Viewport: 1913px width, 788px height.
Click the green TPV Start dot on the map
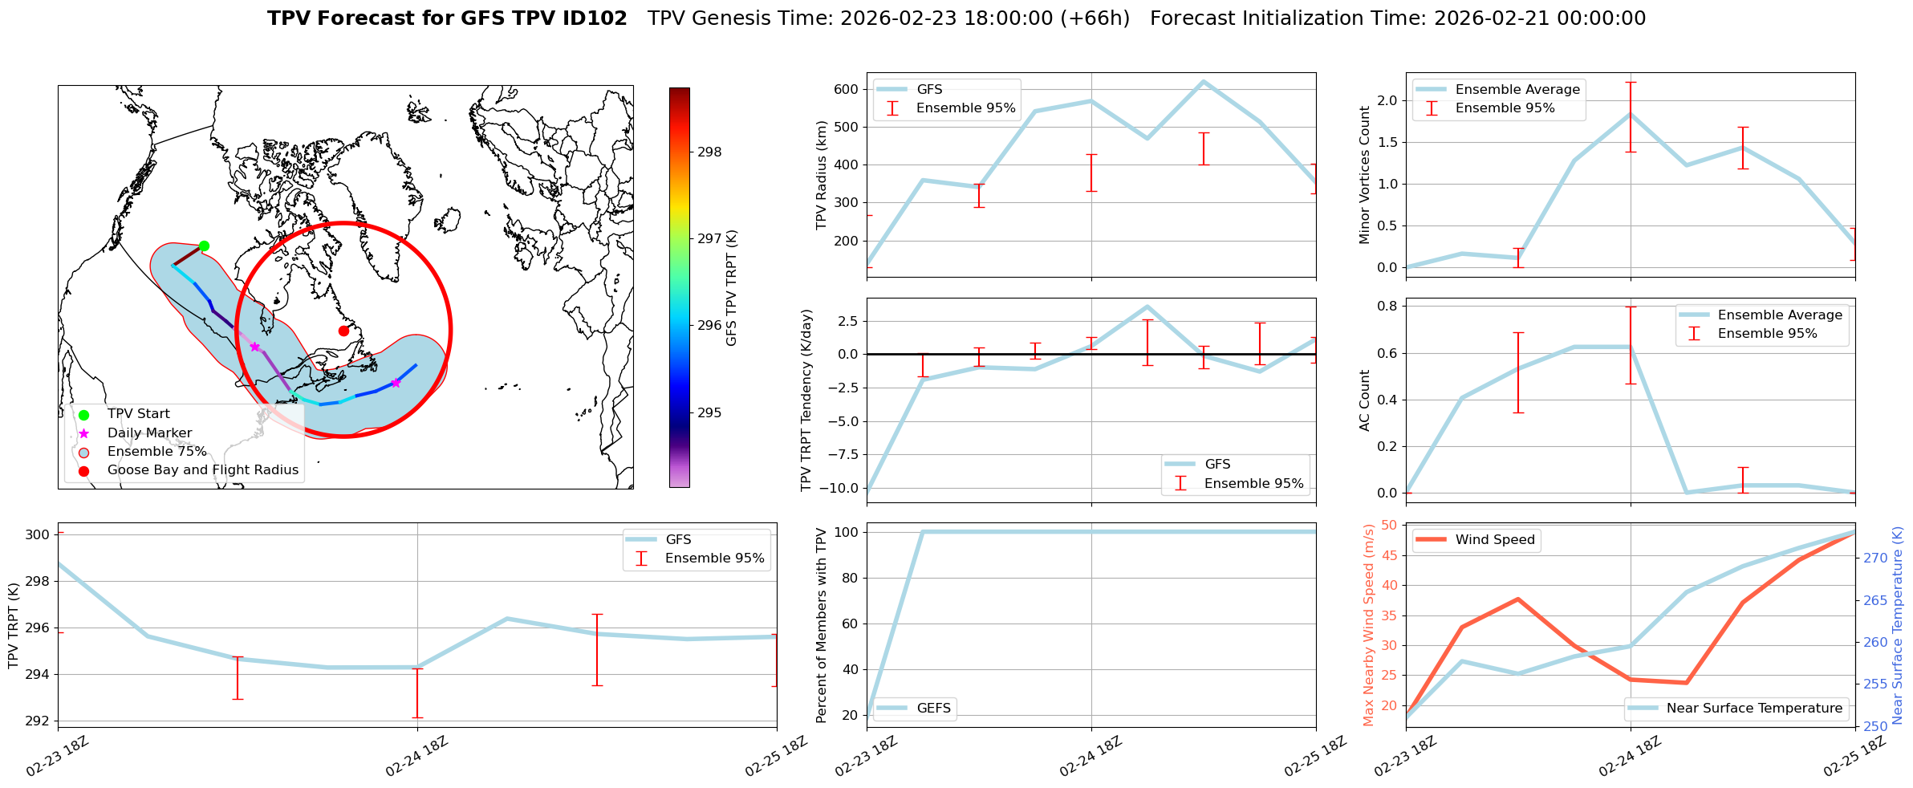(204, 246)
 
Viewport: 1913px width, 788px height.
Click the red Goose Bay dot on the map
(343, 331)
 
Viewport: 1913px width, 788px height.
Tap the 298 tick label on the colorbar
(709, 152)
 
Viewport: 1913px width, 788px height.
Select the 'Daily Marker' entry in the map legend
(149, 433)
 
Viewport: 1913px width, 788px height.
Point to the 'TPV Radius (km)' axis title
(821, 175)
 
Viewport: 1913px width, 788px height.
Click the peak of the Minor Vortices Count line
(1630, 114)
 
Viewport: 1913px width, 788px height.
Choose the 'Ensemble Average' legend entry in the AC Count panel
(1780, 315)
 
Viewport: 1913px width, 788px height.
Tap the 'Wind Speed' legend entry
(1495, 540)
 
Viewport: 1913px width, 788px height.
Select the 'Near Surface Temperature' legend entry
(1754, 709)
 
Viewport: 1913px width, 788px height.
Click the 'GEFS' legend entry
(933, 709)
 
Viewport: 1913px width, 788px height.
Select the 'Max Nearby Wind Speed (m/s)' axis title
(1368, 625)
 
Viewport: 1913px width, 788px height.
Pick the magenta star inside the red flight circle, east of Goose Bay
(395, 383)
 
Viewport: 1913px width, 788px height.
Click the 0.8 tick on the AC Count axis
(1387, 307)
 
